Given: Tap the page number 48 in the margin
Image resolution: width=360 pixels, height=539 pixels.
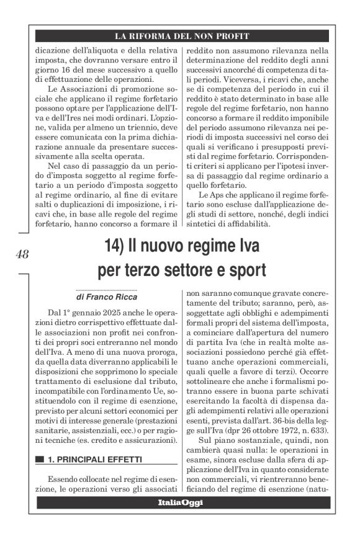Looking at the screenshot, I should click(22, 254).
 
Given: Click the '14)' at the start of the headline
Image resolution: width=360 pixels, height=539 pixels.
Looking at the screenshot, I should click(107, 246).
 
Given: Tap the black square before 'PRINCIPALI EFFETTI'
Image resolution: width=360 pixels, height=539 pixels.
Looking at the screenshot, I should click(40, 460).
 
